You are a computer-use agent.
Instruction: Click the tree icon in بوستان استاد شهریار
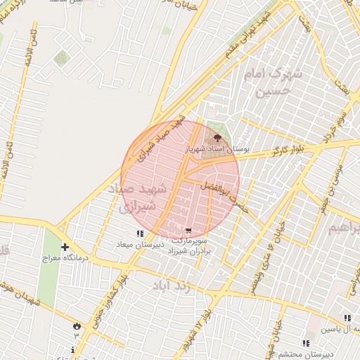pos(216,136)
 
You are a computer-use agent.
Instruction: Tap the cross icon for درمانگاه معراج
pos(65,247)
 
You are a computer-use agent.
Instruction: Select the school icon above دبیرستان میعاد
pos(140,233)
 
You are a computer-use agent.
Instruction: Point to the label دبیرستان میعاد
pos(140,245)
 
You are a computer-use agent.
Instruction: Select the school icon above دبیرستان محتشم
pos(305,342)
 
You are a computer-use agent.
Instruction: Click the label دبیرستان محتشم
pos(305,354)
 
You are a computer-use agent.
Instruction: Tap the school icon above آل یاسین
pos(347,318)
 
